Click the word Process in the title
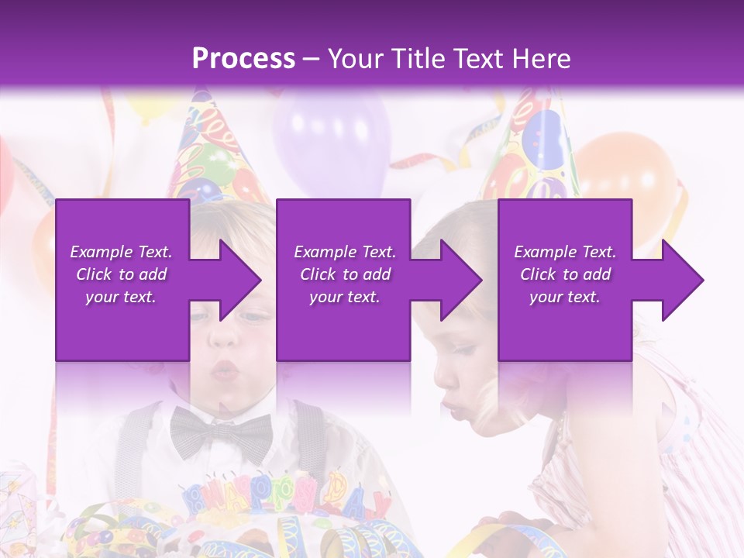[243, 59]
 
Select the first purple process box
[122, 325]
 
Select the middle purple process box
[343, 325]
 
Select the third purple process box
[564, 325]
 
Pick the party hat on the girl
[535, 151]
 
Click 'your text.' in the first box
[121, 297]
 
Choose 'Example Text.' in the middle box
[344, 252]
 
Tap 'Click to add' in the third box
[565, 274]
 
